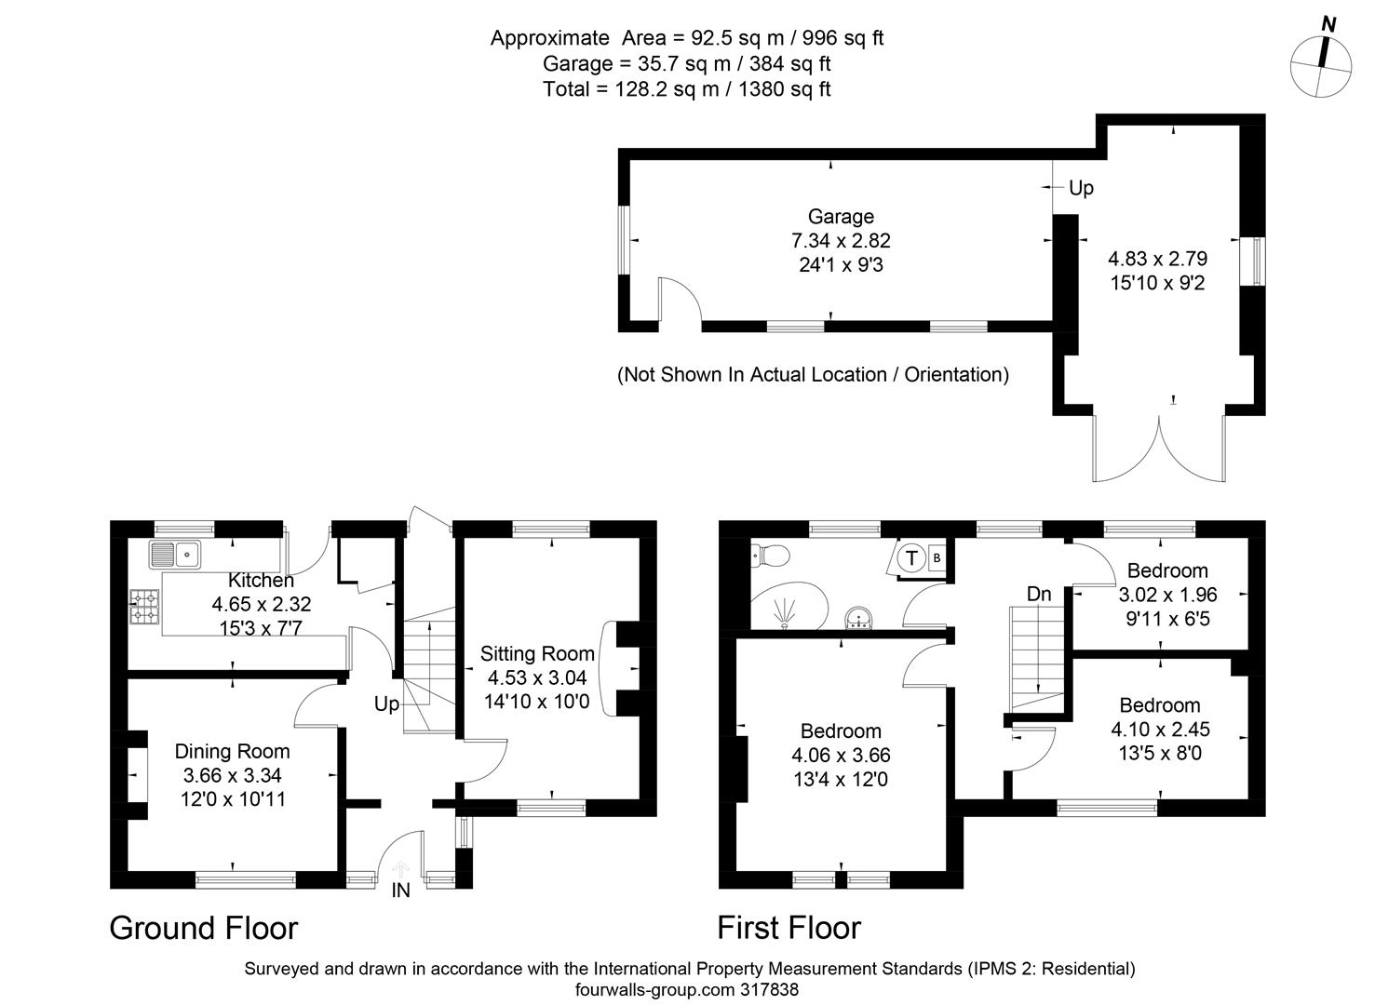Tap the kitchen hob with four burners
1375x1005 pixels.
143,605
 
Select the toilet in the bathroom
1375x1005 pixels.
771,556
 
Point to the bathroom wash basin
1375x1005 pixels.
856,618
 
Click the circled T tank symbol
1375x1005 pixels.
912,558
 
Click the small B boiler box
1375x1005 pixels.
937,557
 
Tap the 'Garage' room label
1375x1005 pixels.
841,217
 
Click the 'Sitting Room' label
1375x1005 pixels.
537,653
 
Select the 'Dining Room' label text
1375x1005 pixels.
232,751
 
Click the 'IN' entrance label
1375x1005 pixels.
400,891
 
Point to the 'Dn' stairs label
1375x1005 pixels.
1039,594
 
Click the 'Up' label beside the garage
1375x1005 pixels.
1081,188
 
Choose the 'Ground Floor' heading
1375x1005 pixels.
203,928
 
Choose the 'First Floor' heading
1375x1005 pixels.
789,928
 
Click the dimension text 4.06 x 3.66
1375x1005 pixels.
841,756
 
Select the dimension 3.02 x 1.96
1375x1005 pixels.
1167,595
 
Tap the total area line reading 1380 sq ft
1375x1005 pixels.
686,89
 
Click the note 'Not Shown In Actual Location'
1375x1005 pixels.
813,375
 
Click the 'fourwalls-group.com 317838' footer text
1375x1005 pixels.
687,990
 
